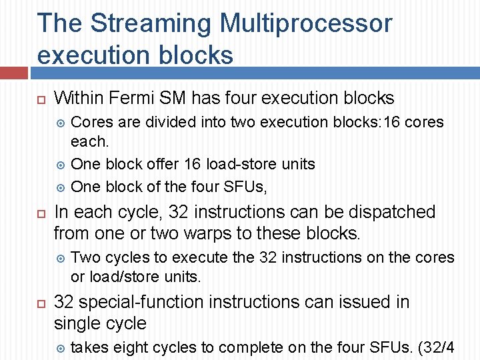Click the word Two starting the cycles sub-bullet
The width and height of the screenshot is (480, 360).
point(85,257)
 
